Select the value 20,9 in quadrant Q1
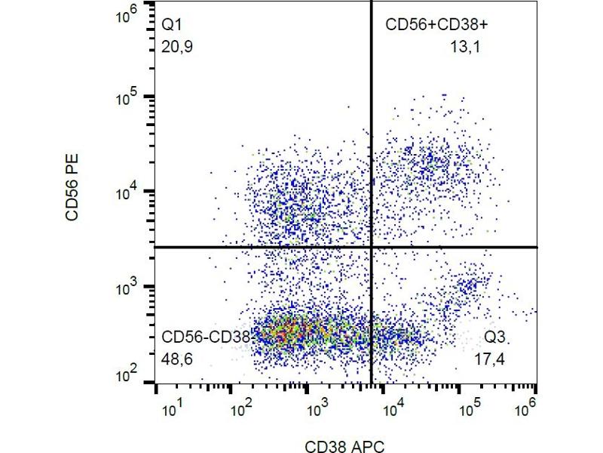[176, 47]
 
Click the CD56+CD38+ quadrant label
[436, 26]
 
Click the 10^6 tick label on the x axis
[525, 408]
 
